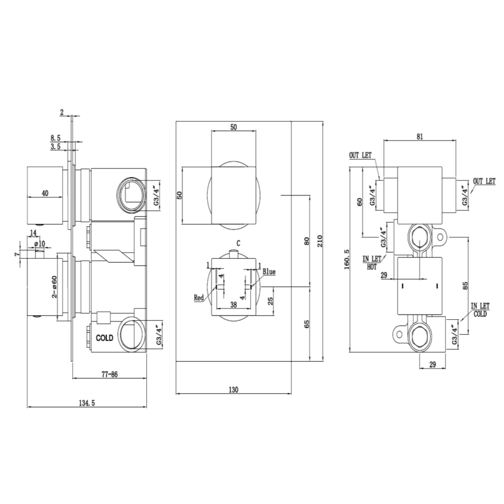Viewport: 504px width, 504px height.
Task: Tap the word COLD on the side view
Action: [x=105, y=338]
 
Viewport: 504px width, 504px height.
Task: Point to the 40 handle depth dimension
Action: [x=45, y=193]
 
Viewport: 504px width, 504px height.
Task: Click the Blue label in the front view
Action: [x=269, y=272]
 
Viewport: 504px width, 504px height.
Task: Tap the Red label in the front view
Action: [x=199, y=298]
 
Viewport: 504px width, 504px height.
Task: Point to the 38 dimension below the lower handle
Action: [x=234, y=306]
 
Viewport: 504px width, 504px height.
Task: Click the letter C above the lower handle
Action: [x=239, y=244]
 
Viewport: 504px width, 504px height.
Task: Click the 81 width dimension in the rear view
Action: [x=420, y=136]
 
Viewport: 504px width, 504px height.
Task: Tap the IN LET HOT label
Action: [x=371, y=263]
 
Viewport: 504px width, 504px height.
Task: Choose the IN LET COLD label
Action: [x=480, y=310]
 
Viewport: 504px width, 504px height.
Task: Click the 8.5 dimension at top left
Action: [x=55, y=138]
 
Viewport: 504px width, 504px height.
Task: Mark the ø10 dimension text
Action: [x=39, y=244]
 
